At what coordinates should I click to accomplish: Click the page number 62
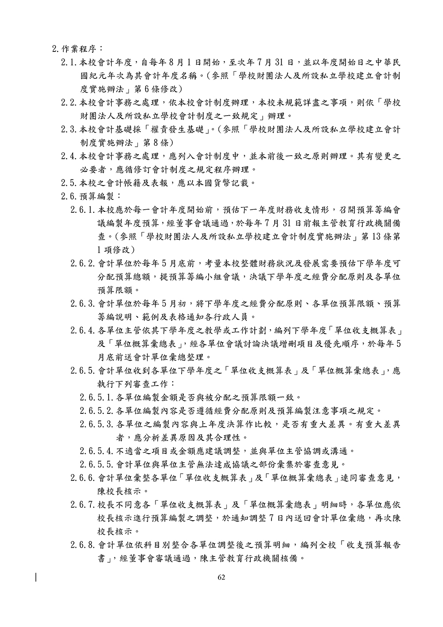pos(221,577)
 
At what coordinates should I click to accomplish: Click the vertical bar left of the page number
pos(36,577)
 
